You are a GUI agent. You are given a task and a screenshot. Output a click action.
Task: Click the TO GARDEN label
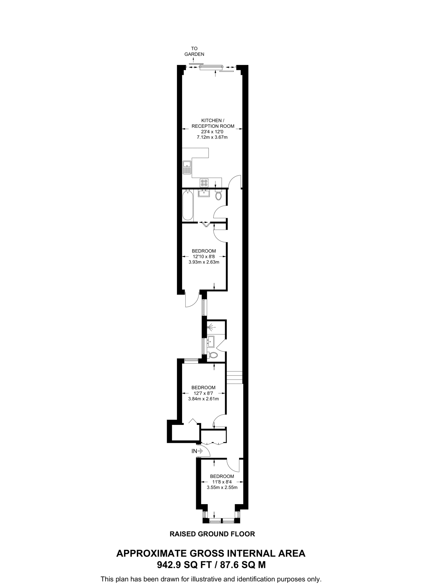coord(194,51)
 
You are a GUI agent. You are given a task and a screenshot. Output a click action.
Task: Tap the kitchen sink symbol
coord(187,167)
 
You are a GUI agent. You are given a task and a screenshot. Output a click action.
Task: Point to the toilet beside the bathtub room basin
coord(219,196)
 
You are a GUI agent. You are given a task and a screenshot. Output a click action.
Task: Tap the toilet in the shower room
coord(213,355)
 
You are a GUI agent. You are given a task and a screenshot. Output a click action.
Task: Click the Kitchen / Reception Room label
coord(213,123)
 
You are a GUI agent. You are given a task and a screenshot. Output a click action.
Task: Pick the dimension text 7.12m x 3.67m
coord(212,137)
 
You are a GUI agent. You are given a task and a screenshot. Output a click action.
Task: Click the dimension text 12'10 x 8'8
coord(204,256)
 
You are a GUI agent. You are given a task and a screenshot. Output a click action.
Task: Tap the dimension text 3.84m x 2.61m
coord(203,399)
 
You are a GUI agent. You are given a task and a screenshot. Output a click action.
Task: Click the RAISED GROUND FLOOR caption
coord(212,534)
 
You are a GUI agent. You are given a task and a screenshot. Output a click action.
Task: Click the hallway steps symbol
coord(234,378)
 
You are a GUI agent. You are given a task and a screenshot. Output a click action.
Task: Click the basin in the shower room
coord(211,340)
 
